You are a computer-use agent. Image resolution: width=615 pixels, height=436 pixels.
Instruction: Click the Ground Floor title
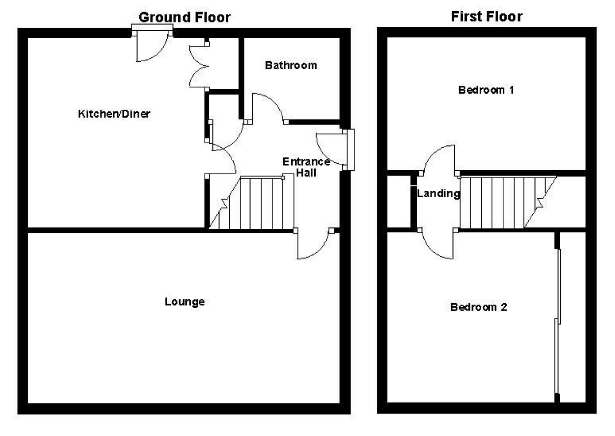pyautogui.click(x=184, y=17)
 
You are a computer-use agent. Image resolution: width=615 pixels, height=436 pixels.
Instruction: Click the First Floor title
pyautogui.click(x=487, y=16)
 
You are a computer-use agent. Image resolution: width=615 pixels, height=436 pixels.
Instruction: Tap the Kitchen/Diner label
pyautogui.click(x=114, y=114)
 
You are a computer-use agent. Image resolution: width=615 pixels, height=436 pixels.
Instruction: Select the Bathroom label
pyautogui.click(x=291, y=65)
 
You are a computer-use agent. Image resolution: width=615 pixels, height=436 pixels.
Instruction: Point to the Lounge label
pyautogui.click(x=184, y=302)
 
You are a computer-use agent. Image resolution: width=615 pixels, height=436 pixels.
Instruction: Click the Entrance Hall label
pyautogui.click(x=306, y=167)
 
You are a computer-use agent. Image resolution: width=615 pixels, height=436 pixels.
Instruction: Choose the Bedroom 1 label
pyautogui.click(x=486, y=90)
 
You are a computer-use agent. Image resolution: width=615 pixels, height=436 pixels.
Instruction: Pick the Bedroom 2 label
pyautogui.click(x=478, y=307)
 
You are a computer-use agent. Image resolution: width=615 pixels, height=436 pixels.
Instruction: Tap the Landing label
pyautogui.click(x=438, y=193)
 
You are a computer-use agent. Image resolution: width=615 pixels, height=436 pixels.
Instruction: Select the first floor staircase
pyautogui.click(x=504, y=202)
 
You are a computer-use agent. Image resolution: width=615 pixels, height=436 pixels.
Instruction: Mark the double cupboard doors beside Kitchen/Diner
pyautogui.click(x=198, y=66)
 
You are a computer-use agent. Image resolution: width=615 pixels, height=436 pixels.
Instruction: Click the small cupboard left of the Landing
pyautogui.click(x=398, y=202)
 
